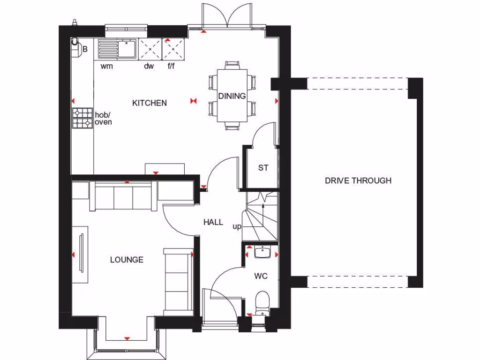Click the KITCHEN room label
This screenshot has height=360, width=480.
coord(149,103)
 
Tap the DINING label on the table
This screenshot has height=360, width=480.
coord(232,96)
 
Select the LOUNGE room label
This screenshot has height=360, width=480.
coord(127,260)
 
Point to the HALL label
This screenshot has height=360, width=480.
coord(213,222)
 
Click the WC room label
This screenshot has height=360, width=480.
coord(261,276)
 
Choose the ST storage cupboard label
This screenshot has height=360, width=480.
coord(263,167)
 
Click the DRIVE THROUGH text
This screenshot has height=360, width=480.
coord(358,180)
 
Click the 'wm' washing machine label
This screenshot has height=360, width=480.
coord(107,67)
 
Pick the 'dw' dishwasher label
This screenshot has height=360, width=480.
coord(149,67)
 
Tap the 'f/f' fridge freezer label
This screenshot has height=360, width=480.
coord(172,67)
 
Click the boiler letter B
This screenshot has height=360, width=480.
coord(85,48)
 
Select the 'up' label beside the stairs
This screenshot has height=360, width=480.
coord(237,226)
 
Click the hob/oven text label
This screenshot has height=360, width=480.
coord(103,118)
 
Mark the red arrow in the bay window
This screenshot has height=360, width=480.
coord(127,338)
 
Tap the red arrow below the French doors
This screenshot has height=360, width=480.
coord(203,32)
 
